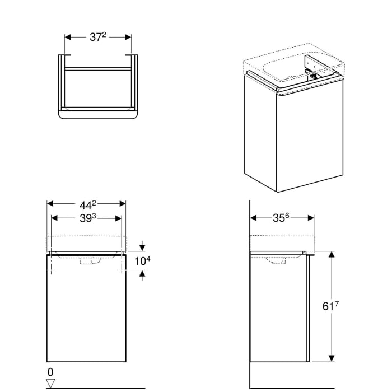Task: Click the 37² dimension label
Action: [97, 37]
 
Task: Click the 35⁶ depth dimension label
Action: [281, 217]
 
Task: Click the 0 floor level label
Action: [50, 372]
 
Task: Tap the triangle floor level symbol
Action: [50, 383]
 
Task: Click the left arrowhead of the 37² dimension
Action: [68, 38]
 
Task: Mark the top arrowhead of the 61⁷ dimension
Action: [332, 254]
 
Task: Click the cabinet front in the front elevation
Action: [86, 314]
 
